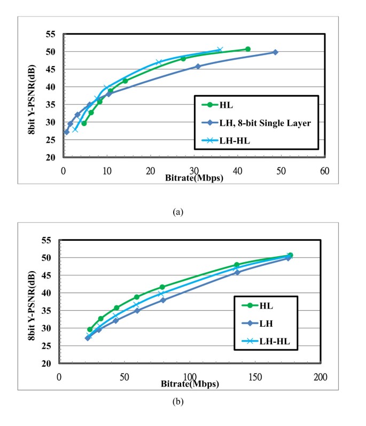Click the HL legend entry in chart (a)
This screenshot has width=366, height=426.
tap(230, 105)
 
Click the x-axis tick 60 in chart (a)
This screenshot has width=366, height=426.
tap(324, 171)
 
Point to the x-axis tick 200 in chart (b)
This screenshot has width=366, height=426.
tap(320, 377)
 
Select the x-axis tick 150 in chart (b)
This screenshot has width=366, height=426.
tap(254, 377)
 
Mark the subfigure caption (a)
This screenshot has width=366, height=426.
tap(178, 212)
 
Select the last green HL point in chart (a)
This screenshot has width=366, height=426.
tap(248, 49)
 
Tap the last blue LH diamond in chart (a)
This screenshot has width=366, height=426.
tap(275, 52)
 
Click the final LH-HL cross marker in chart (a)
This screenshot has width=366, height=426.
tap(220, 50)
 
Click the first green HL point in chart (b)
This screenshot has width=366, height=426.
tap(90, 329)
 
